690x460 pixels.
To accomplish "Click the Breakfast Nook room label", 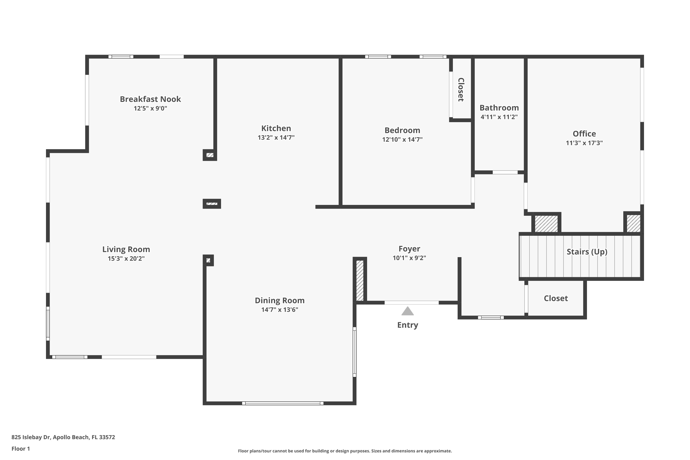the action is click(x=150, y=99).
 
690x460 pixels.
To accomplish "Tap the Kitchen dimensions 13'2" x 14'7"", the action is click(x=276, y=138).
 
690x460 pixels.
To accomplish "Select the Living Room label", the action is click(x=126, y=249).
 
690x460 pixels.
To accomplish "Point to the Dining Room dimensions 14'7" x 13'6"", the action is click(x=280, y=310).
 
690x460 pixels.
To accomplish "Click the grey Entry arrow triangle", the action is click(x=408, y=311).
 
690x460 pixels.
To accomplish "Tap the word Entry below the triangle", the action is click(x=408, y=325).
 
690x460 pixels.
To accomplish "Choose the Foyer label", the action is click(x=409, y=249).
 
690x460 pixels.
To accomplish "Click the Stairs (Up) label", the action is click(x=587, y=252).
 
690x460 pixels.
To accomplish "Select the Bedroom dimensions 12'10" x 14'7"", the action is click(x=402, y=140).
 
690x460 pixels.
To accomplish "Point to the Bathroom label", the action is click(x=499, y=108).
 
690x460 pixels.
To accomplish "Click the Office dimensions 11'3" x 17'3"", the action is click(x=584, y=143).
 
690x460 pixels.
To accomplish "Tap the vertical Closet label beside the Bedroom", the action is click(x=461, y=90).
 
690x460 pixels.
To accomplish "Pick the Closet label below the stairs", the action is click(x=556, y=298).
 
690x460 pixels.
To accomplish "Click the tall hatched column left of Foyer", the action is click(x=360, y=280).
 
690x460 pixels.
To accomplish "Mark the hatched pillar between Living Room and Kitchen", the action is click(x=212, y=204).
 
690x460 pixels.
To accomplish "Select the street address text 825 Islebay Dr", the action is click(x=31, y=437).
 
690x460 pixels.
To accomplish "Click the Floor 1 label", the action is click(x=20, y=448).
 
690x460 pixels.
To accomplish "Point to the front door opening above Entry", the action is click(x=412, y=302).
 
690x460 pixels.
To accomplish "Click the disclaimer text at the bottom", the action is click(x=345, y=451).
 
